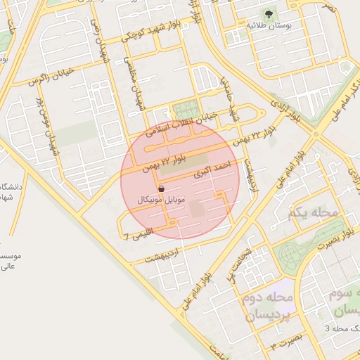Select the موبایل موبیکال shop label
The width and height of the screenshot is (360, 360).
click(162, 200)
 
